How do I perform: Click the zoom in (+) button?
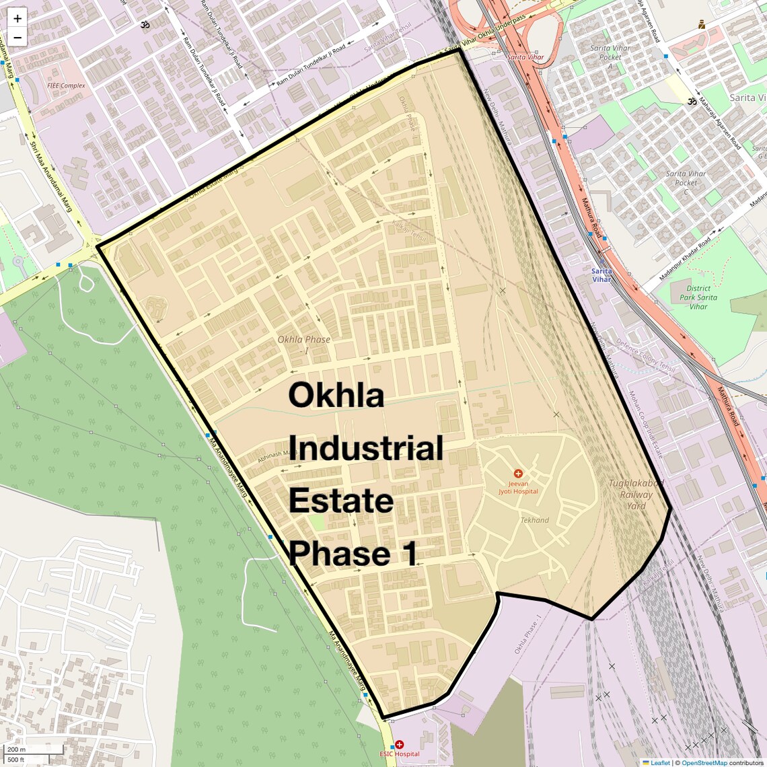point(17,18)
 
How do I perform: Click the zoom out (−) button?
point(17,38)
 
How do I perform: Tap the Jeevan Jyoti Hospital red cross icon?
point(517,474)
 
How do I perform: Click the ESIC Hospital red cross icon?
point(399,745)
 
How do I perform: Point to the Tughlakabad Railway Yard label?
point(636,495)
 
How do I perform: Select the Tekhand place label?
point(534,520)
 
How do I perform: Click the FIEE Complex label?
point(66,86)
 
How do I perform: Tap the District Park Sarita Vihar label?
point(698,297)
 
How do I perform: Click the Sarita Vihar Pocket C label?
point(686,178)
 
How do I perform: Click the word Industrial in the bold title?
point(366,449)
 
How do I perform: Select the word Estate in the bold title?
point(341,501)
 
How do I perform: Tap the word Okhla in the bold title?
point(336,395)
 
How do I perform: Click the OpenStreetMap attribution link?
point(704,763)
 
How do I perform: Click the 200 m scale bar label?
point(16,750)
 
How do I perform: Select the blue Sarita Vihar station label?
point(601,275)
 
